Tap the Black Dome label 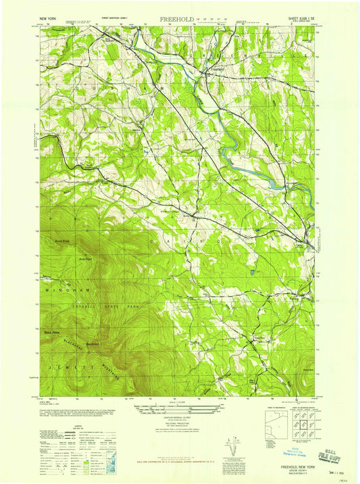pyautogui.click(x=52, y=333)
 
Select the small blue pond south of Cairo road pyautogui.click(x=252, y=272)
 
